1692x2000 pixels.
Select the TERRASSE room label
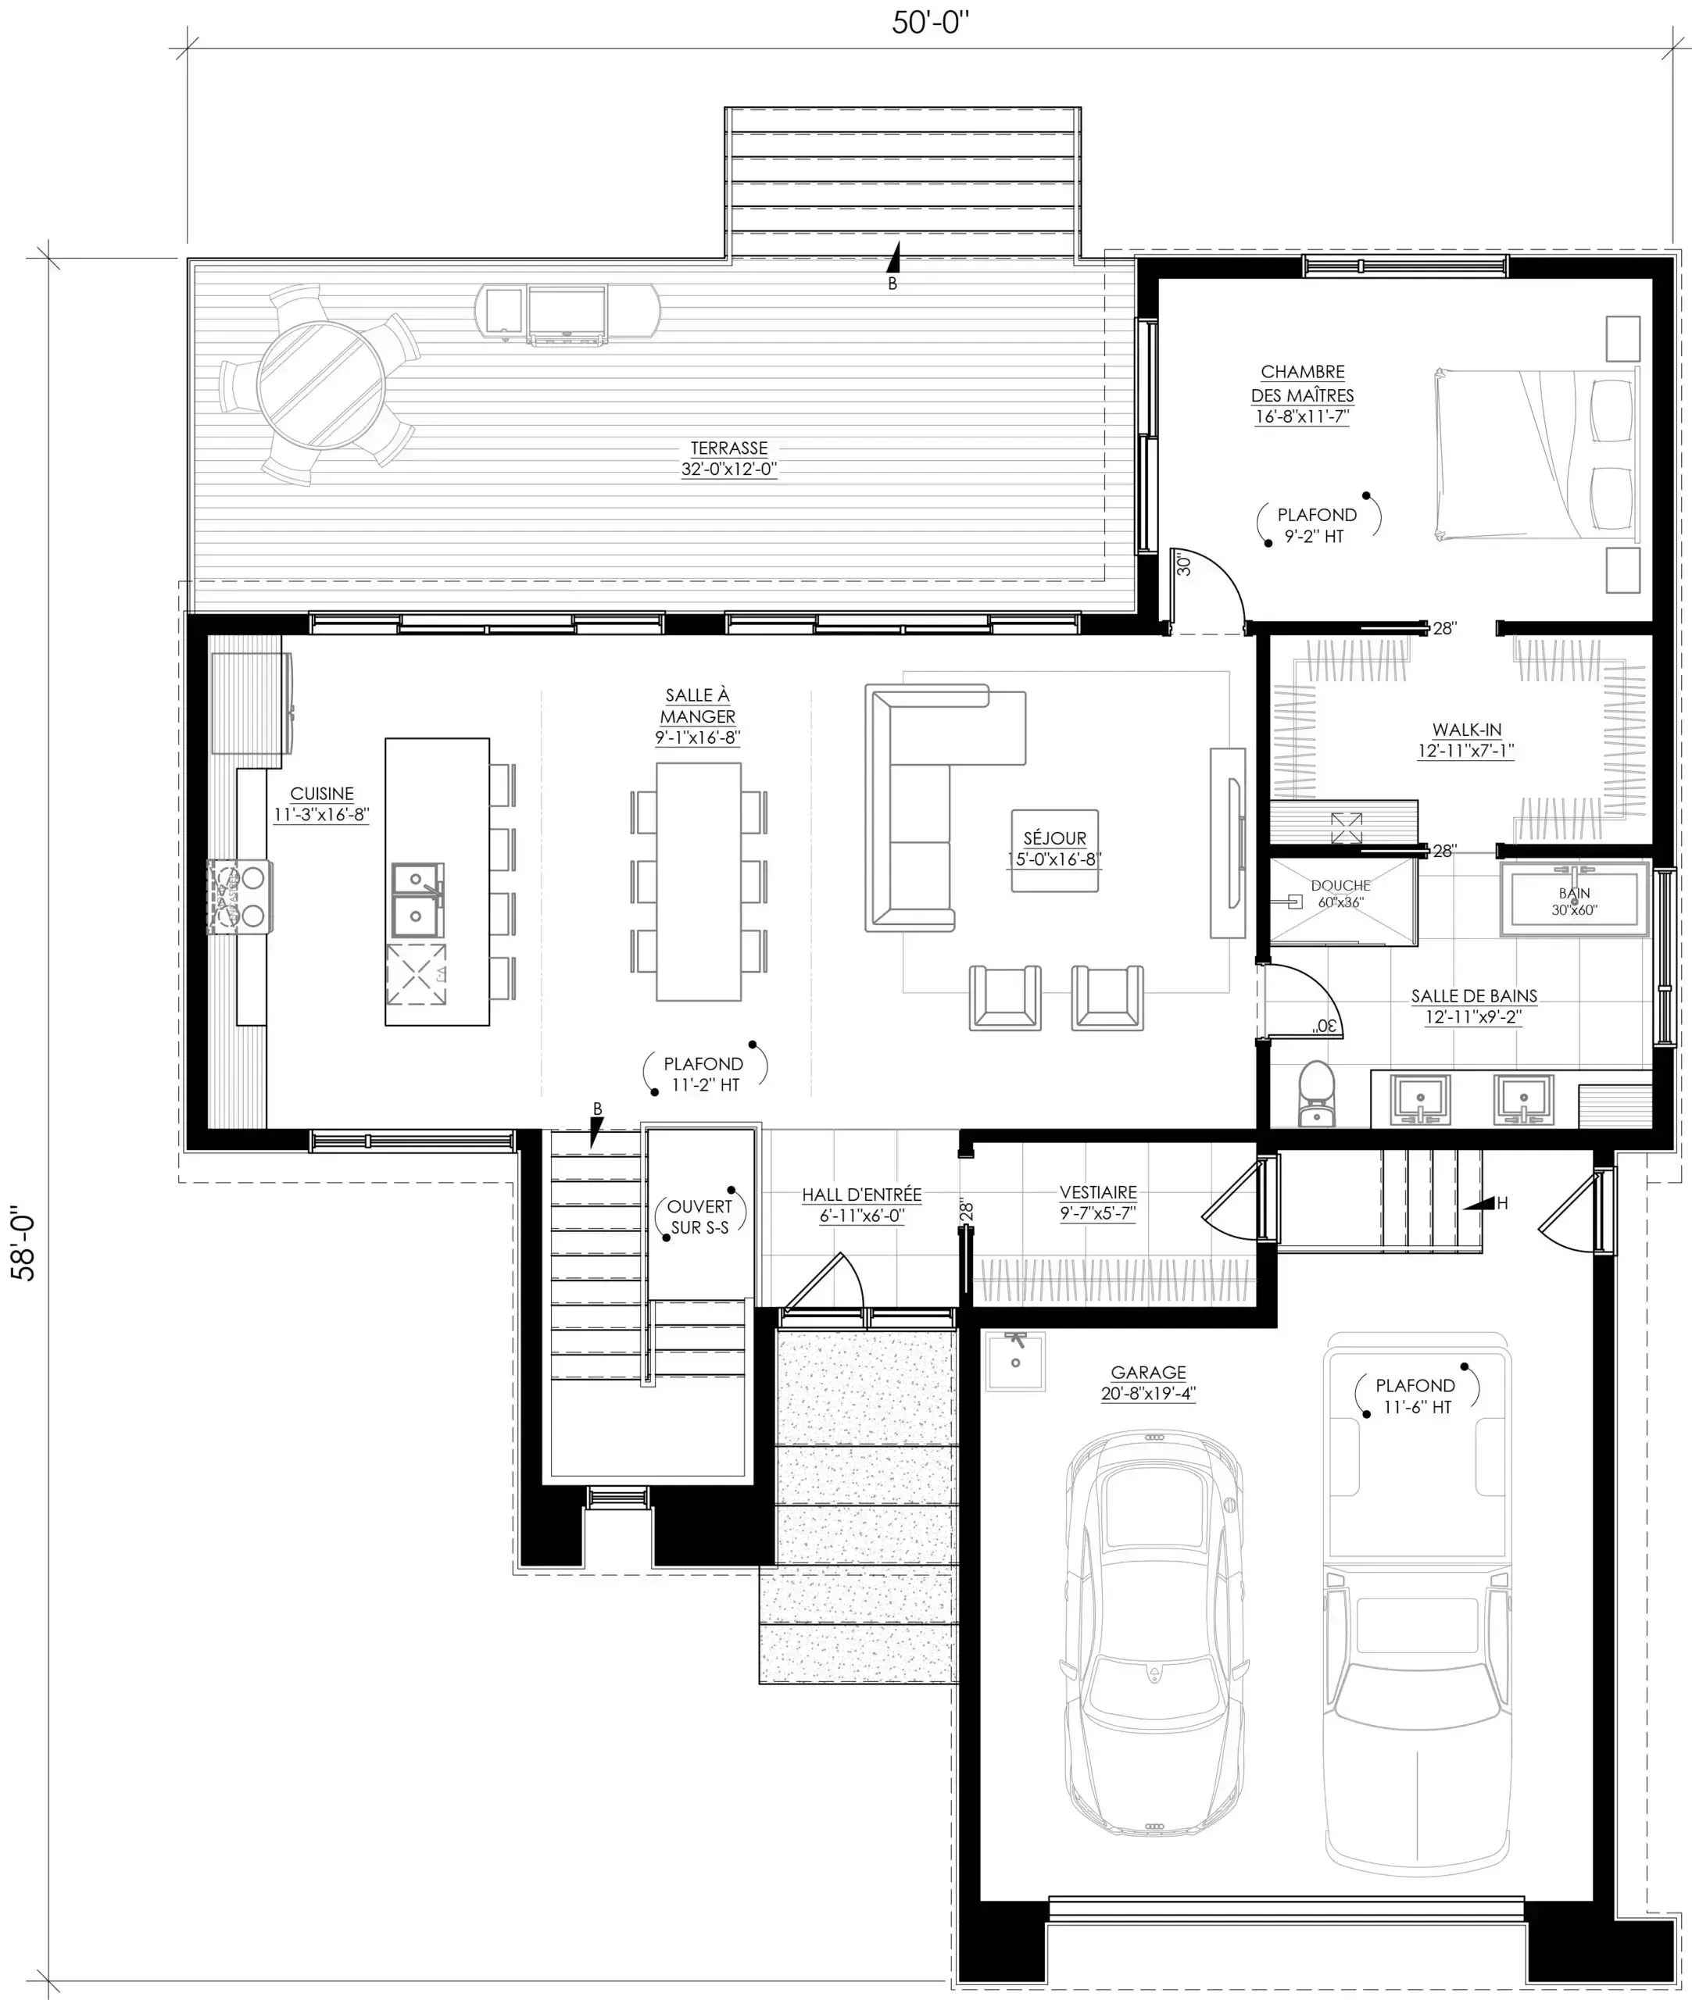point(729,448)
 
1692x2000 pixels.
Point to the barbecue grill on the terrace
point(567,312)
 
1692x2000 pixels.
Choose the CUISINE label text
point(321,794)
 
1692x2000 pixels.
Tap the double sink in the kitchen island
point(417,900)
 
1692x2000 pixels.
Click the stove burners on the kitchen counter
point(240,896)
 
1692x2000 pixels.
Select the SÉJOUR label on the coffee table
point(1054,838)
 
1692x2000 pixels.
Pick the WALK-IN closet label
point(1467,730)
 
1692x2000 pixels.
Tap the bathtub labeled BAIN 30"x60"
point(1574,899)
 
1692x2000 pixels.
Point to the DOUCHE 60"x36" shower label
point(1341,894)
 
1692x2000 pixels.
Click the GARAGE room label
point(1148,1373)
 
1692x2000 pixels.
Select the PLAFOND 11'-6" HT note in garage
point(1416,1396)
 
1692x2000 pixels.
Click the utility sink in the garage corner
point(1015,1360)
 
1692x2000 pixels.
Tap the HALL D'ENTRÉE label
point(861,1195)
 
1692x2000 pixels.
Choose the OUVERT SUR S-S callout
point(699,1216)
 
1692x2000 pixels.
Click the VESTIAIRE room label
point(1098,1193)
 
